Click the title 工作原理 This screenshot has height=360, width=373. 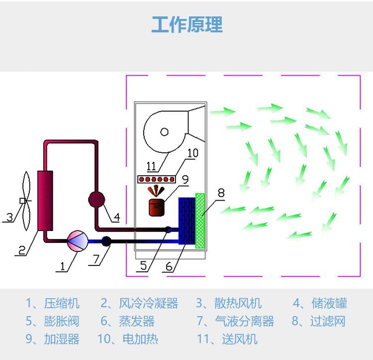[186, 24]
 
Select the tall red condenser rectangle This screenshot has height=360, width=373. [45, 200]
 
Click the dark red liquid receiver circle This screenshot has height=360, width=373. [97, 200]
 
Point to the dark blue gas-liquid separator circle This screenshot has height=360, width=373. [106, 241]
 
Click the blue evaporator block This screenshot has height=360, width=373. [186, 221]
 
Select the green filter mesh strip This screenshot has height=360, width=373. [200, 221]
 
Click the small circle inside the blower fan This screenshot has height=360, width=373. [164, 131]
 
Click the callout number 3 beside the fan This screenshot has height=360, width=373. [9, 217]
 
